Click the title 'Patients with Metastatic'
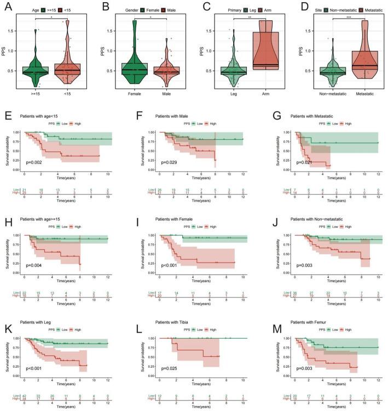tap(311, 115)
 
